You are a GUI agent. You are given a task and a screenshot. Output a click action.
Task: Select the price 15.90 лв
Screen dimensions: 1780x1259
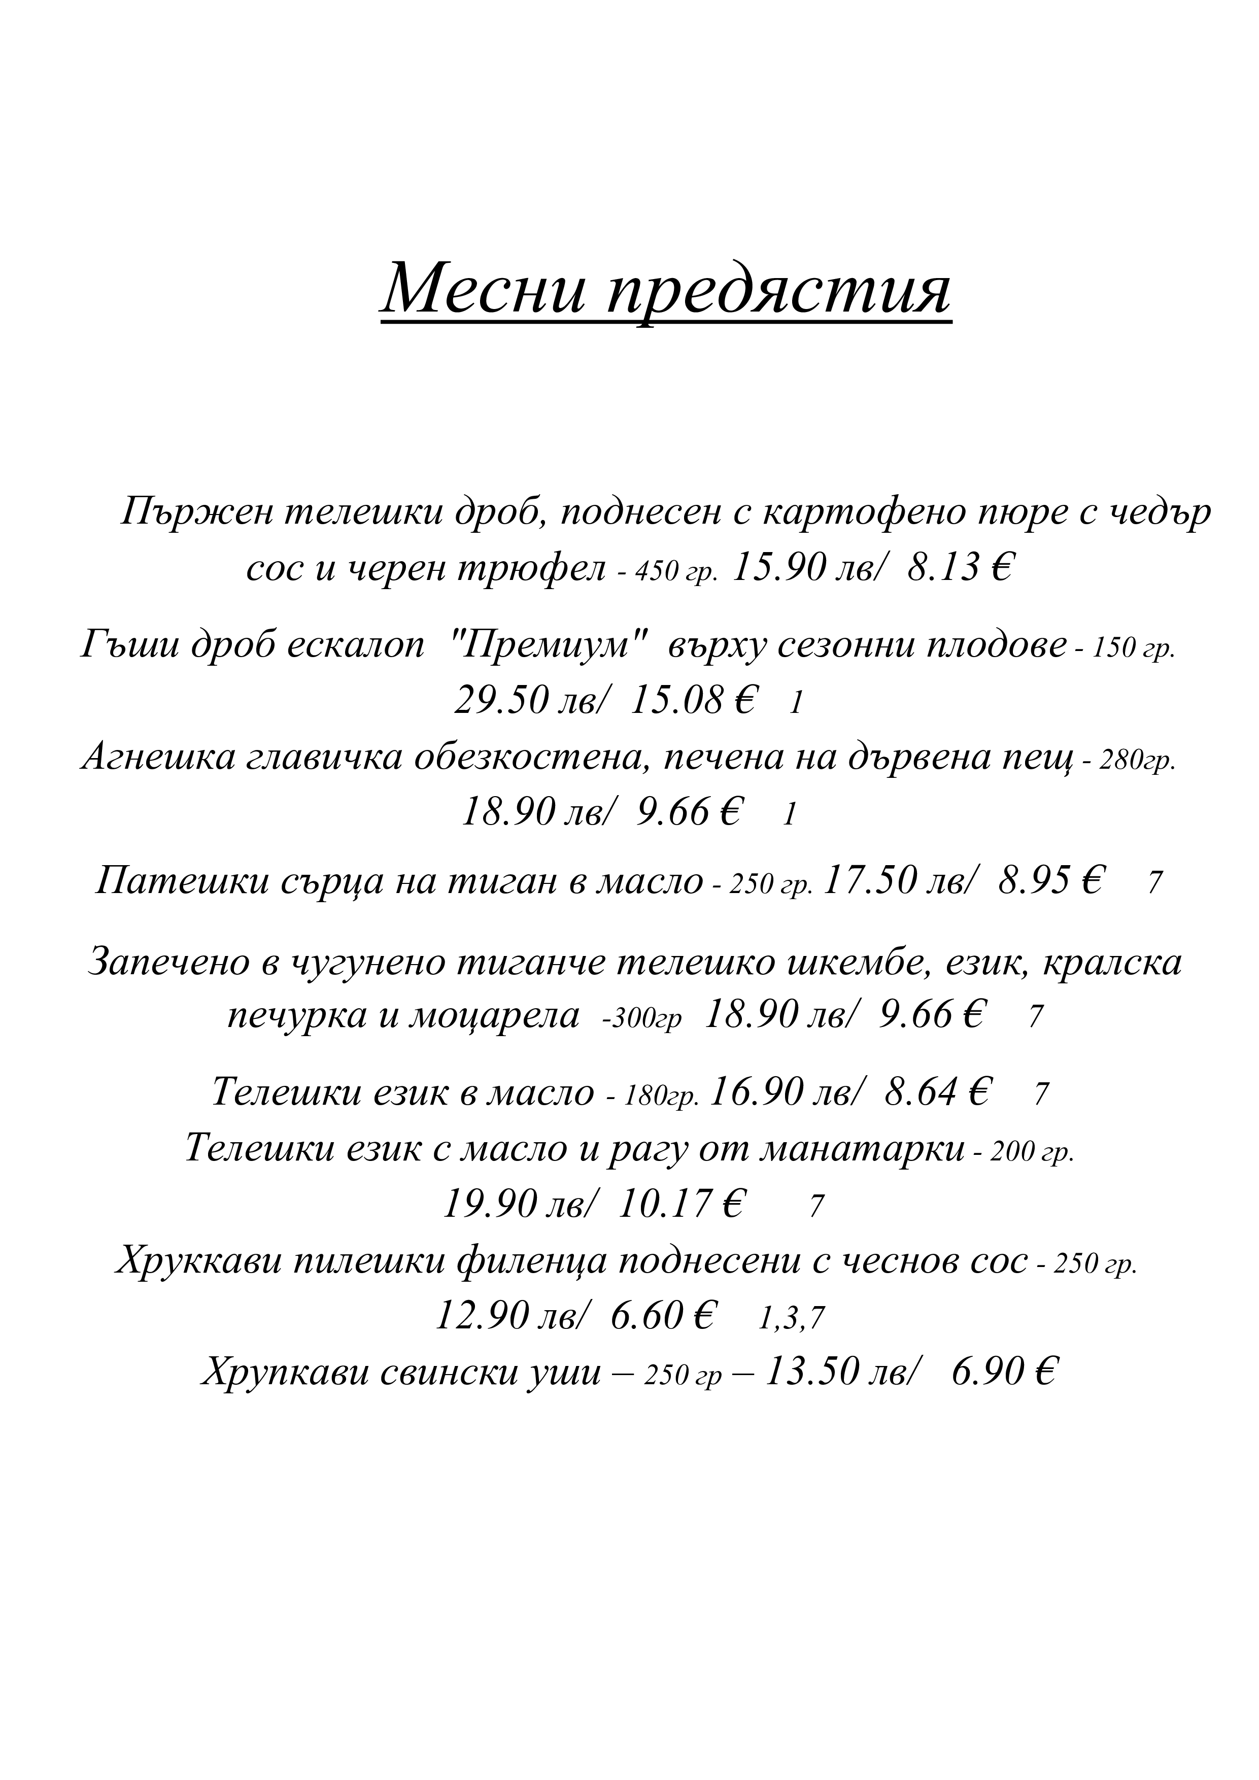click(807, 569)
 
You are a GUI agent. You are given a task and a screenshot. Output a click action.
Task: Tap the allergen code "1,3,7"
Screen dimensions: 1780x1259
click(791, 1319)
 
